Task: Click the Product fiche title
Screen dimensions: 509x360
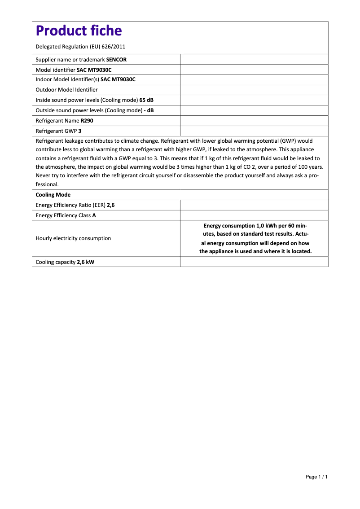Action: coord(79,31)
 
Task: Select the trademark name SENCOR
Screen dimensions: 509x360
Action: coord(116,59)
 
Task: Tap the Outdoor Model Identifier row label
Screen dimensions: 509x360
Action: coord(66,90)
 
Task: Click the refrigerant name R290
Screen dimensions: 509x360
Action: coord(87,121)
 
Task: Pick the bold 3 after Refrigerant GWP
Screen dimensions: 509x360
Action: coord(80,131)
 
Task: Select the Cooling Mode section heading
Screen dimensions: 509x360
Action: coord(53,195)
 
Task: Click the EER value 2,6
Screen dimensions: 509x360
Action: coord(111,205)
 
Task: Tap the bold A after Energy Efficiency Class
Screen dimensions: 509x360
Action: coord(94,215)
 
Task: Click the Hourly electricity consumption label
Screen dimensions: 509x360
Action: coord(73,238)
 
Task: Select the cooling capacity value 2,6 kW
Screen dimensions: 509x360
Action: coord(85,262)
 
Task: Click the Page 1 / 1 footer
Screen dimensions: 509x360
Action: coord(316,477)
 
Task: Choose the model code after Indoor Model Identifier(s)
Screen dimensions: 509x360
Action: coord(118,79)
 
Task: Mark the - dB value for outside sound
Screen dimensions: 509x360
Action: coord(149,110)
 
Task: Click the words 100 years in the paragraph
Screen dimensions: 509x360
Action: coord(309,167)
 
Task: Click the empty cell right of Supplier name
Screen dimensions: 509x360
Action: coord(254,59)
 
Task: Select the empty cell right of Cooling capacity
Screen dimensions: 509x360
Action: coord(254,262)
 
